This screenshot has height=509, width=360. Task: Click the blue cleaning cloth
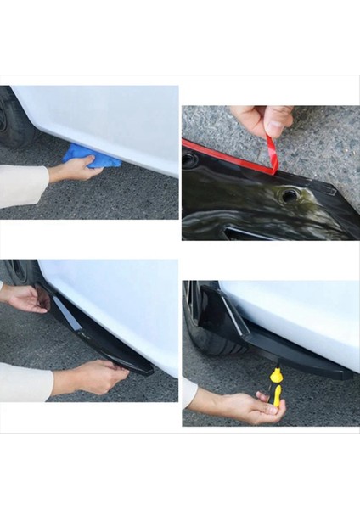click(92, 156)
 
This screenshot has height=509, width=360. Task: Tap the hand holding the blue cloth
click(75, 171)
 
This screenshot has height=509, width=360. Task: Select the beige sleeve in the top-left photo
click(21, 185)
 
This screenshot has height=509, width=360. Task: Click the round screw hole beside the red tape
click(290, 196)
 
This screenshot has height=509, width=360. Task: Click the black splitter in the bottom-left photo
click(102, 340)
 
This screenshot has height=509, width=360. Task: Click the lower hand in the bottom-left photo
click(93, 378)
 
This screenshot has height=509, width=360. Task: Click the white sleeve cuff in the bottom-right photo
click(188, 392)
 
